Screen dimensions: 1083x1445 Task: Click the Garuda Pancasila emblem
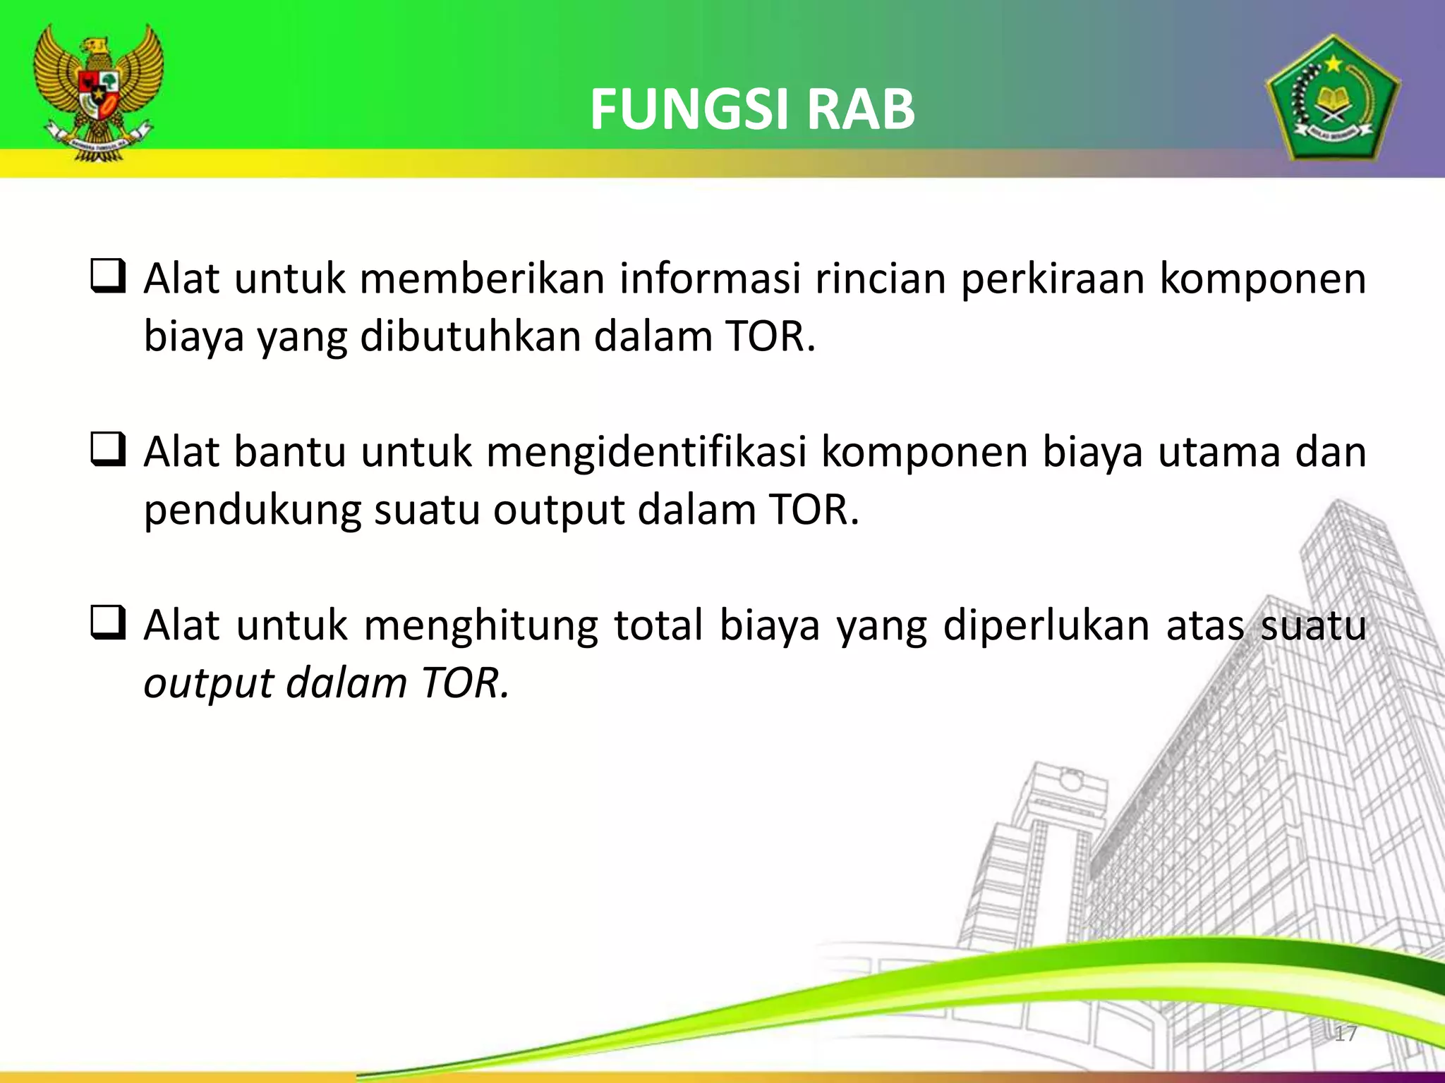click(x=99, y=92)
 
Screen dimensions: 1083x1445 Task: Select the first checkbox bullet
click(x=108, y=276)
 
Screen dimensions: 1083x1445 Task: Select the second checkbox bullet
click(x=108, y=450)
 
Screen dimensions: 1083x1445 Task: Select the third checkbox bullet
click(x=108, y=623)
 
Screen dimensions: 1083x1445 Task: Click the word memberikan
click(x=482, y=279)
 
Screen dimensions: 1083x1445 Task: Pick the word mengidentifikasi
click(x=646, y=452)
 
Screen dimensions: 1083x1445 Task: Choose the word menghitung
click(x=480, y=626)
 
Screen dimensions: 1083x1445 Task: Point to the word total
click(x=658, y=626)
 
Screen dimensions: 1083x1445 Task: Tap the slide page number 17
click(x=1346, y=1034)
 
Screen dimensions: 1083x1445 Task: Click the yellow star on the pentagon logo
click(x=1333, y=65)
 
